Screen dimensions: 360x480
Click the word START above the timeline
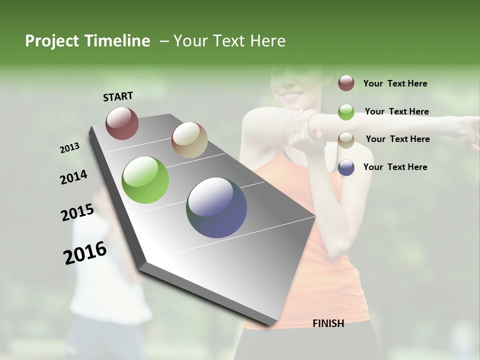118,96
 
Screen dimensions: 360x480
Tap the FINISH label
328,323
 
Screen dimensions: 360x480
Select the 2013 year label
70,147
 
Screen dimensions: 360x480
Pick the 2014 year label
73,177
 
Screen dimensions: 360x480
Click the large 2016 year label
85,252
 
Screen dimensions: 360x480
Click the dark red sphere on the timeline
122,123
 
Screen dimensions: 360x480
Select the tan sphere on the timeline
189,140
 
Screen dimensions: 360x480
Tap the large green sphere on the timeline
145,180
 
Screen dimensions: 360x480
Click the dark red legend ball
346,83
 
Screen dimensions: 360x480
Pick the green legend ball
346,112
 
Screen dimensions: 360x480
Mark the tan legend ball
346,139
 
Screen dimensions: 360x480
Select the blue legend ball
346,167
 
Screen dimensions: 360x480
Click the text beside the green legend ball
396,111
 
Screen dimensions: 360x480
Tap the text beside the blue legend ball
395,167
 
